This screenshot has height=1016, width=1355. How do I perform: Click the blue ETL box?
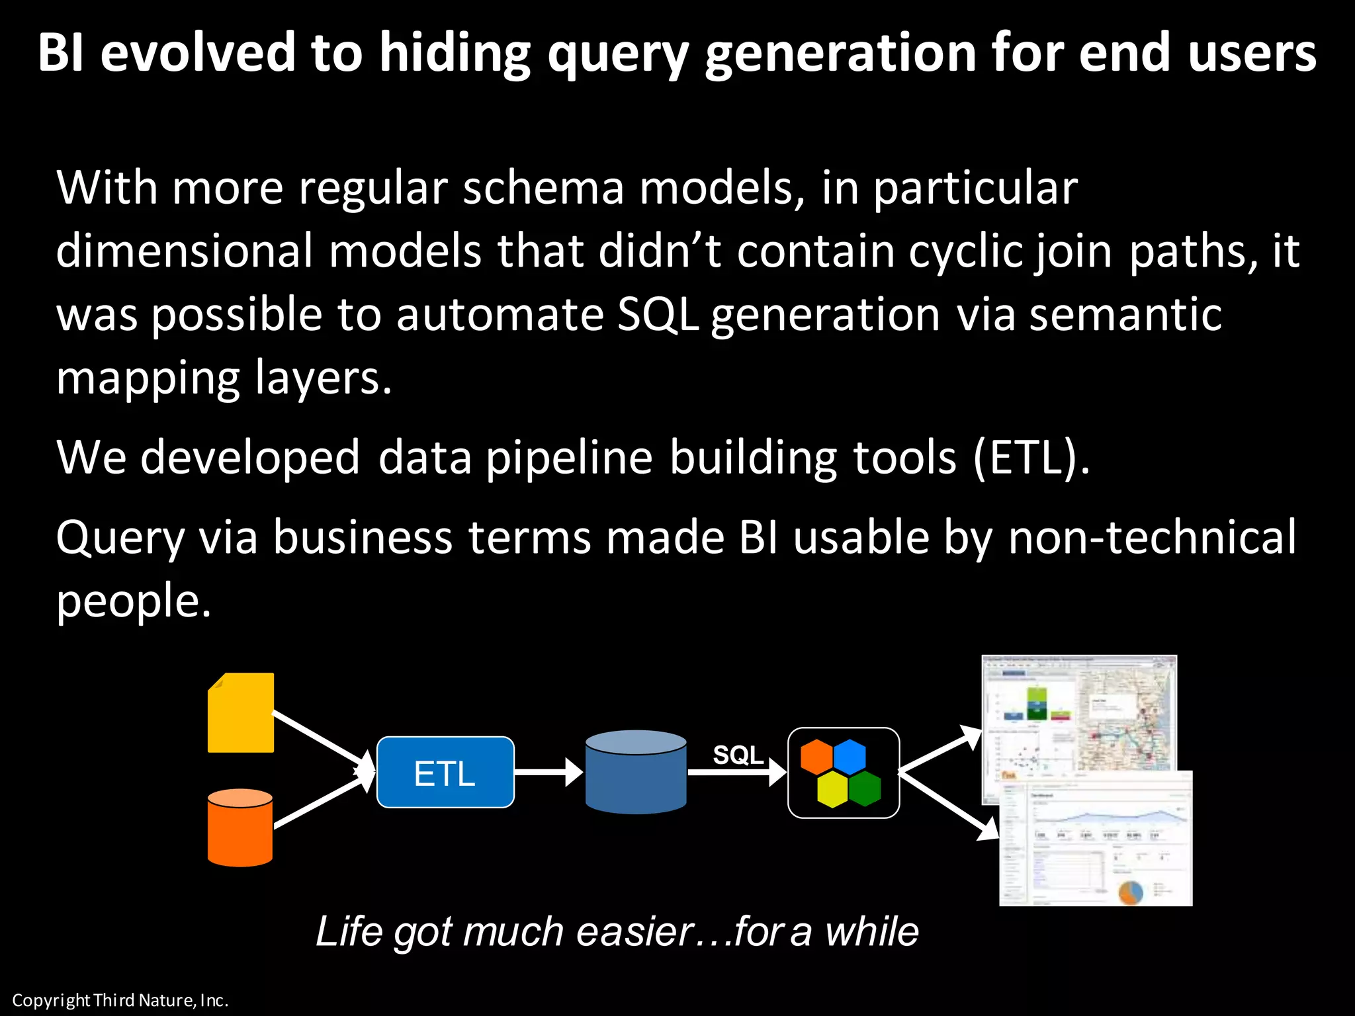[x=445, y=772]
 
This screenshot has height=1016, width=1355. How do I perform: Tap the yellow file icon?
[x=241, y=713]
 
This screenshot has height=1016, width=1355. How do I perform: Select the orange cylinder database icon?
[x=240, y=827]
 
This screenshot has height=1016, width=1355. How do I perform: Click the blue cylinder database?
[x=636, y=772]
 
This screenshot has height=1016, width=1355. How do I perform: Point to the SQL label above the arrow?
[x=738, y=755]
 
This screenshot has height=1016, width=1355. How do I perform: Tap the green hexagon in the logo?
[x=865, y=789]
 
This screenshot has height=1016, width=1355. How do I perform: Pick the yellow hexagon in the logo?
[x=832, y=790]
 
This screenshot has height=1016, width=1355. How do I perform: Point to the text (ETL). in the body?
[x=1031, y=458]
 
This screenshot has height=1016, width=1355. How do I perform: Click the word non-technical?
[x=1152, y=537]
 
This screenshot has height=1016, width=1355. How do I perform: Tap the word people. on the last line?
[x=133, y=601]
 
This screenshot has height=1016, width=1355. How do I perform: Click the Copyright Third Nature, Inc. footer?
[x=120, y=1000]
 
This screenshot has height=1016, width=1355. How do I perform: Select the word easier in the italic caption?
[x=635, y=931]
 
